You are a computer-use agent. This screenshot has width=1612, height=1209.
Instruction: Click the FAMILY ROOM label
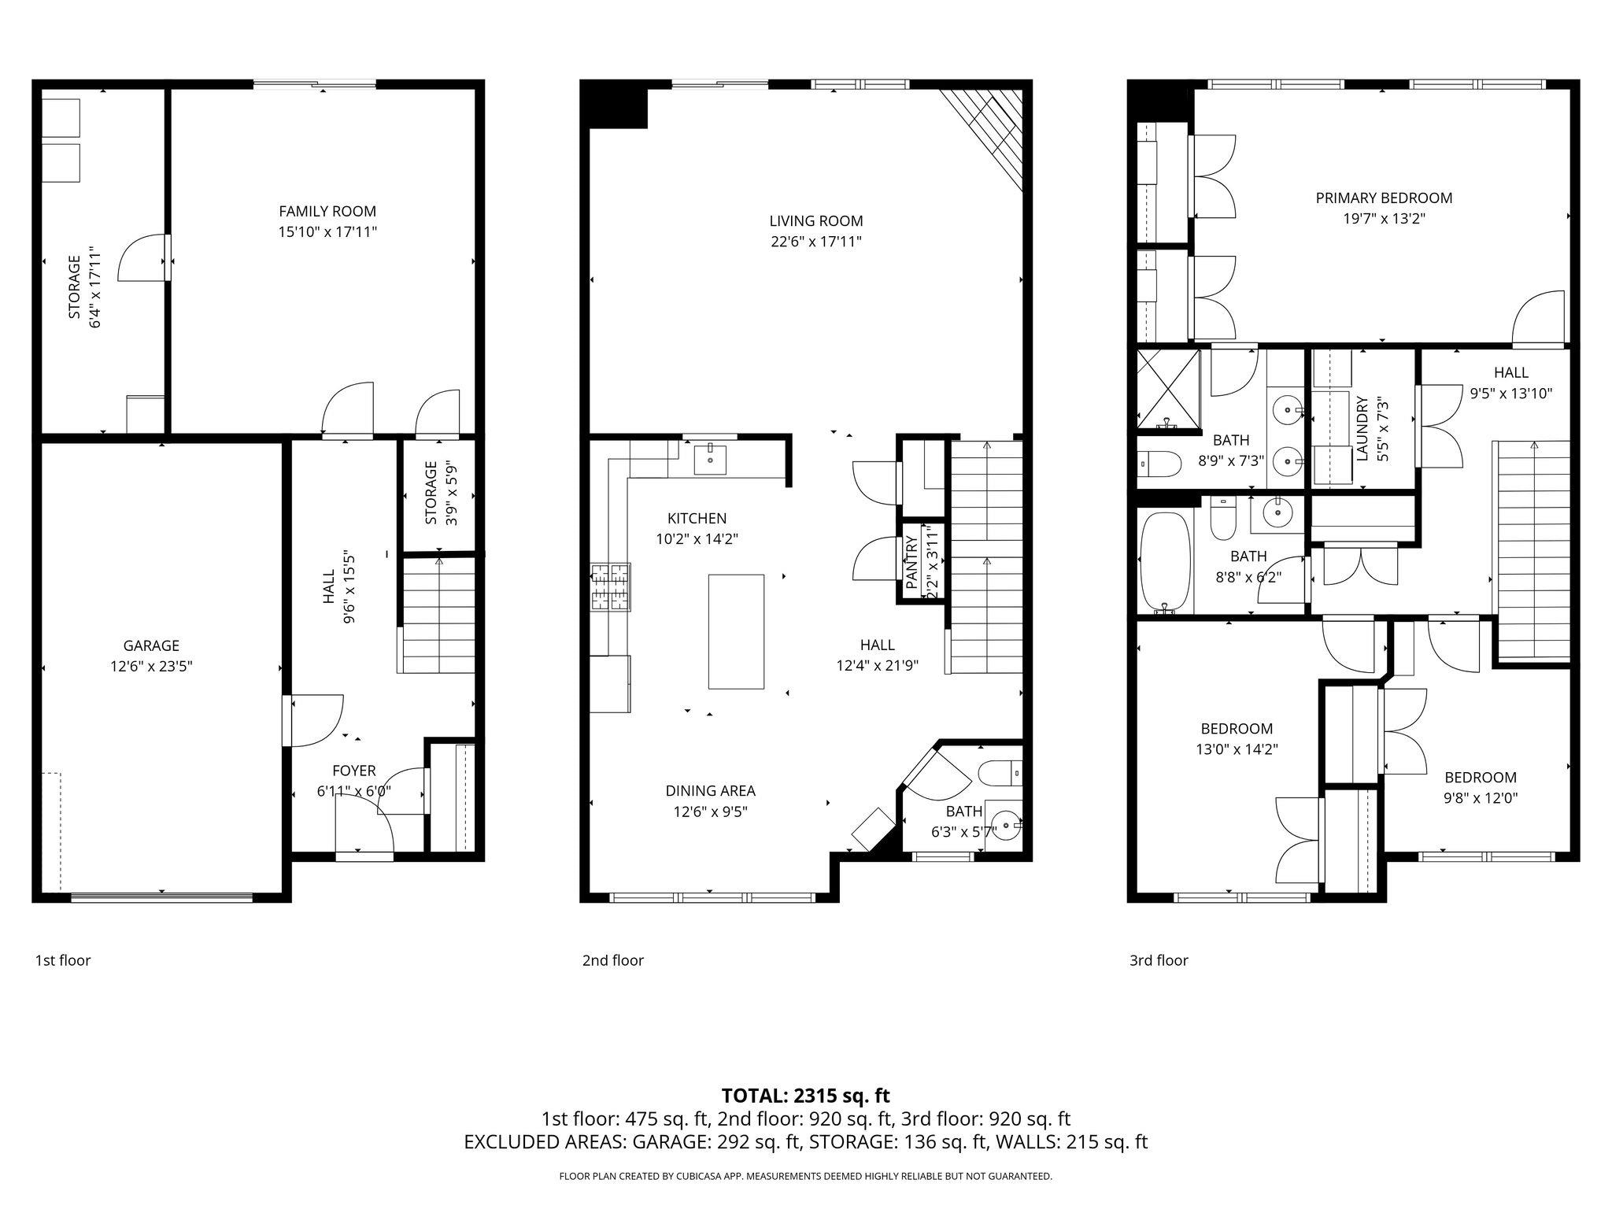point(327,211)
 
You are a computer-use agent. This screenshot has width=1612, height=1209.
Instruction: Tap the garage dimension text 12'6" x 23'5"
point(151,667)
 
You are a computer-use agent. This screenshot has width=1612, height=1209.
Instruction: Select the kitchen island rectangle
point(735,632)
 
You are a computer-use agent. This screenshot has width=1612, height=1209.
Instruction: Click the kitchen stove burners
point(611,587)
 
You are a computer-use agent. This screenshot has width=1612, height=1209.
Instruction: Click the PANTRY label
point(911,562)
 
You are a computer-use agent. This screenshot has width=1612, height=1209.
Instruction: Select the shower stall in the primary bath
point(1168,390)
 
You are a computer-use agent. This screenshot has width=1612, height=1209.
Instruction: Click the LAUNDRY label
point(1362,428)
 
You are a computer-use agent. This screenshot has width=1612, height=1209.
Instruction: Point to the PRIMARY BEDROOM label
point(1384,198)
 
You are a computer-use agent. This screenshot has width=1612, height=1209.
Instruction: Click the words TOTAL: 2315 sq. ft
point(805,1096)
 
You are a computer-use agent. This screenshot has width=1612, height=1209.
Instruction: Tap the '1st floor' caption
point(63,960)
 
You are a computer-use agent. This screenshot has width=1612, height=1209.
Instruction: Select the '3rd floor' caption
point(1159,960)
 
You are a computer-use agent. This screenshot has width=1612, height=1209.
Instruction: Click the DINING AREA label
point(710,791)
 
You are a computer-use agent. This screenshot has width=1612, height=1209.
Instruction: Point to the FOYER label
point(353,771)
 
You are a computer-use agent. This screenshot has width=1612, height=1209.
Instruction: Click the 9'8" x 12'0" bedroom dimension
point(1480,797)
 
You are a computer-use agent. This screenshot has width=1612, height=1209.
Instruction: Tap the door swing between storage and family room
point(142,258)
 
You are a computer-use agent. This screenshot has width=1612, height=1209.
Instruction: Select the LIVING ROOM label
point(815,221)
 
